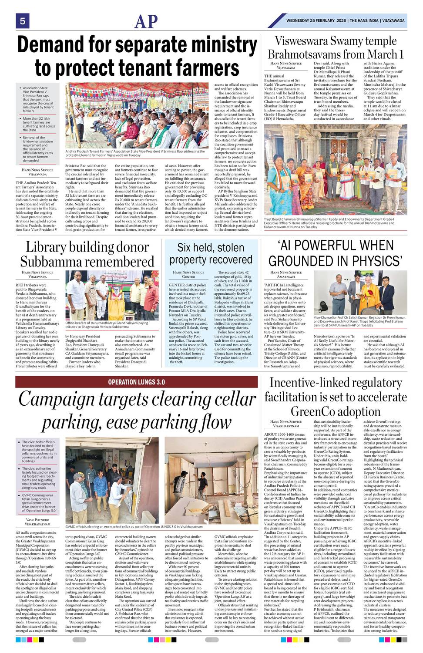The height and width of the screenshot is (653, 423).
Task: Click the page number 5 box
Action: pyautogui.click(x=22, y=20)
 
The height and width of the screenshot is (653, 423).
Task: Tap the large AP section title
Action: pyautogui.click(x=146, y=21)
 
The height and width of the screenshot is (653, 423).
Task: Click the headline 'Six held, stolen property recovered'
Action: pyautogui.click(x=211, y=253)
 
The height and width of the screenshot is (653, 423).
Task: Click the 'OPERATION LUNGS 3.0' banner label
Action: pyautogui.click(x=136, y=382)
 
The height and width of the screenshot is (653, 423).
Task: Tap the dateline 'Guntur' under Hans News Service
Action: pyautogui.click(x=188, y=276)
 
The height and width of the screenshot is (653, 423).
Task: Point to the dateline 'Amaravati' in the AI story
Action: pyautogui.click(x=286, y=276)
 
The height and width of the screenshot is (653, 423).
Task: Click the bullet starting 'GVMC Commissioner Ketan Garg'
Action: pyautogui.click(x=39, y=502)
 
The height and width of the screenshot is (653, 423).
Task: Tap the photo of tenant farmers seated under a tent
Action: pyautogui.click(x=137, y=115)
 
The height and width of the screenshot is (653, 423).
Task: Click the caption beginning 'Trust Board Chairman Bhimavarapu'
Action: pyautogui.click(x=329, y=223)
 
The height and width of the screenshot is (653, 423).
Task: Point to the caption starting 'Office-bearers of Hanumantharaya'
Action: pyautogui.click(x=112, y=325)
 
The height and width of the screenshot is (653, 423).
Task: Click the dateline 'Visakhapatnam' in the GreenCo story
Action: pyautogui.click(x=286, y=426)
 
